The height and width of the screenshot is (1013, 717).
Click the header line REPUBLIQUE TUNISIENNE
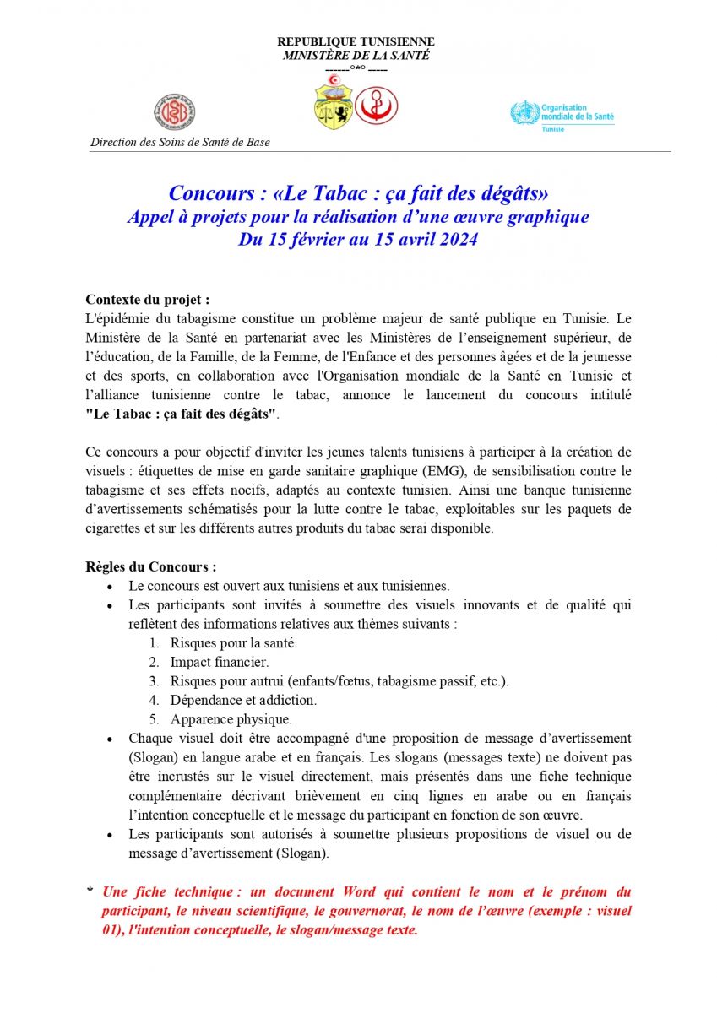click(356, 41)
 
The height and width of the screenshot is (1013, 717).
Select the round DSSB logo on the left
click(175, 111)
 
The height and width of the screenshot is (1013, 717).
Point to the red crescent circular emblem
click(376, 106)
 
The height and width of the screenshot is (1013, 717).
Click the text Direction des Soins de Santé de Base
click(180, 143)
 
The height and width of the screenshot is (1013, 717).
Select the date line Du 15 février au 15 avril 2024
click(358, 240)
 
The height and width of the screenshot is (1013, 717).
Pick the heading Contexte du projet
click(148, 300)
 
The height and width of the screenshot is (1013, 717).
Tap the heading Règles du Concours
click(151, 566)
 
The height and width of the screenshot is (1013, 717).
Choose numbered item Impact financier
click(219, 662)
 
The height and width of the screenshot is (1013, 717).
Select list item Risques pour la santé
click(233, 642)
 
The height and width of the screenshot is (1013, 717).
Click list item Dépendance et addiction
click(243, 700)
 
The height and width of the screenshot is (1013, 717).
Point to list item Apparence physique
click(231, 719)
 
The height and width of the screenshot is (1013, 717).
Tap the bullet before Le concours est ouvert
click(110, 587)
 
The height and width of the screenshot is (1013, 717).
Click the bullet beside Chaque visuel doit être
click(110, 739)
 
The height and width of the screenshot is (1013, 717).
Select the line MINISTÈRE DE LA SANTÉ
click(356, 56)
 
